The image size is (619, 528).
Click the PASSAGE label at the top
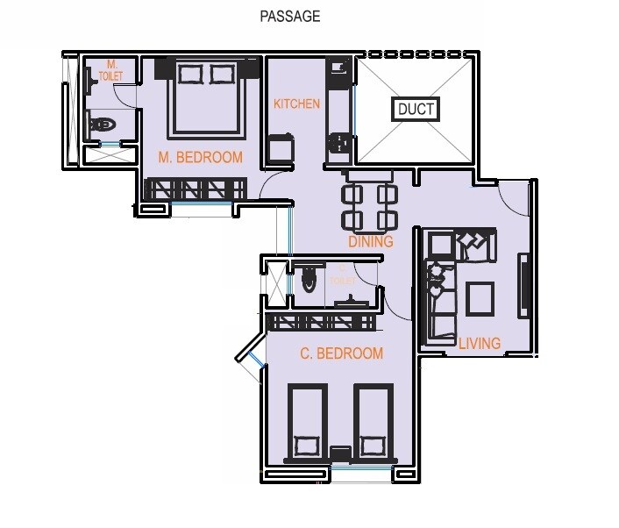290,16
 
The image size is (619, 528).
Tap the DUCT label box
416,110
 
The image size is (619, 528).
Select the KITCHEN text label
297,103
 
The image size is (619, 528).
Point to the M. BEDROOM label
200,158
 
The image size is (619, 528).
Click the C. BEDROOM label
341,353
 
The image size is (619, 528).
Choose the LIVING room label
479,343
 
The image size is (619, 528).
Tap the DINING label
370,241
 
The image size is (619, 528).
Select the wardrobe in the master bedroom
197,189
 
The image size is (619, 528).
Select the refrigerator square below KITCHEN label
281,148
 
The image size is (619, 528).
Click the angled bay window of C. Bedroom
250,356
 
